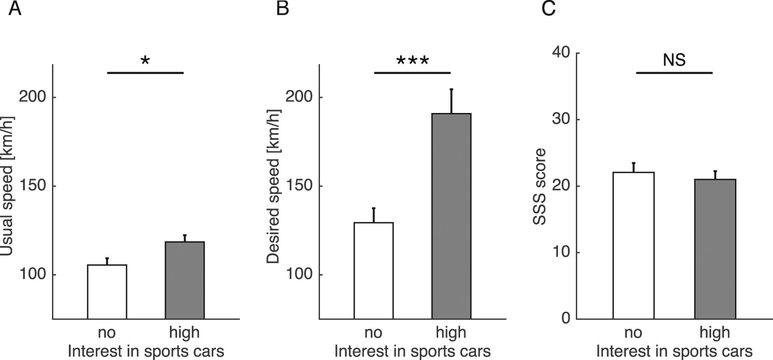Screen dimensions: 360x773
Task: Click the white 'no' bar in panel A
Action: tap(107, 292)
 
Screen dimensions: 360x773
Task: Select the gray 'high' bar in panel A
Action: tap(185, 280)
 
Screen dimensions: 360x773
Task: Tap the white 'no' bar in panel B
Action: tap(373, 270)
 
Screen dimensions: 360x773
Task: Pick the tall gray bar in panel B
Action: tap(451, 216)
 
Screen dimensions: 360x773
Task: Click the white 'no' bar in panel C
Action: tap(633, 245)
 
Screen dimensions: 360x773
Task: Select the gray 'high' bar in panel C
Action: tap(715, 248)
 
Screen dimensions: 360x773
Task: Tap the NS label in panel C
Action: tap(674, 60)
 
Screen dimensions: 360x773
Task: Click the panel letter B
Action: tap(282, 9)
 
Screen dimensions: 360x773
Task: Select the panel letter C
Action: tap(548, 9)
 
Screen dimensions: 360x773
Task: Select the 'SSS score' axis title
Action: tap(540, 186)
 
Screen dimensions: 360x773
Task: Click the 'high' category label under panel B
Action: tap(451, 333)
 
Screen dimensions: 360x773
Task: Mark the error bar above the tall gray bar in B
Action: tap(451, 100)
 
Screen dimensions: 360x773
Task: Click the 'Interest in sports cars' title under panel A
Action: tap(146, 351)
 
